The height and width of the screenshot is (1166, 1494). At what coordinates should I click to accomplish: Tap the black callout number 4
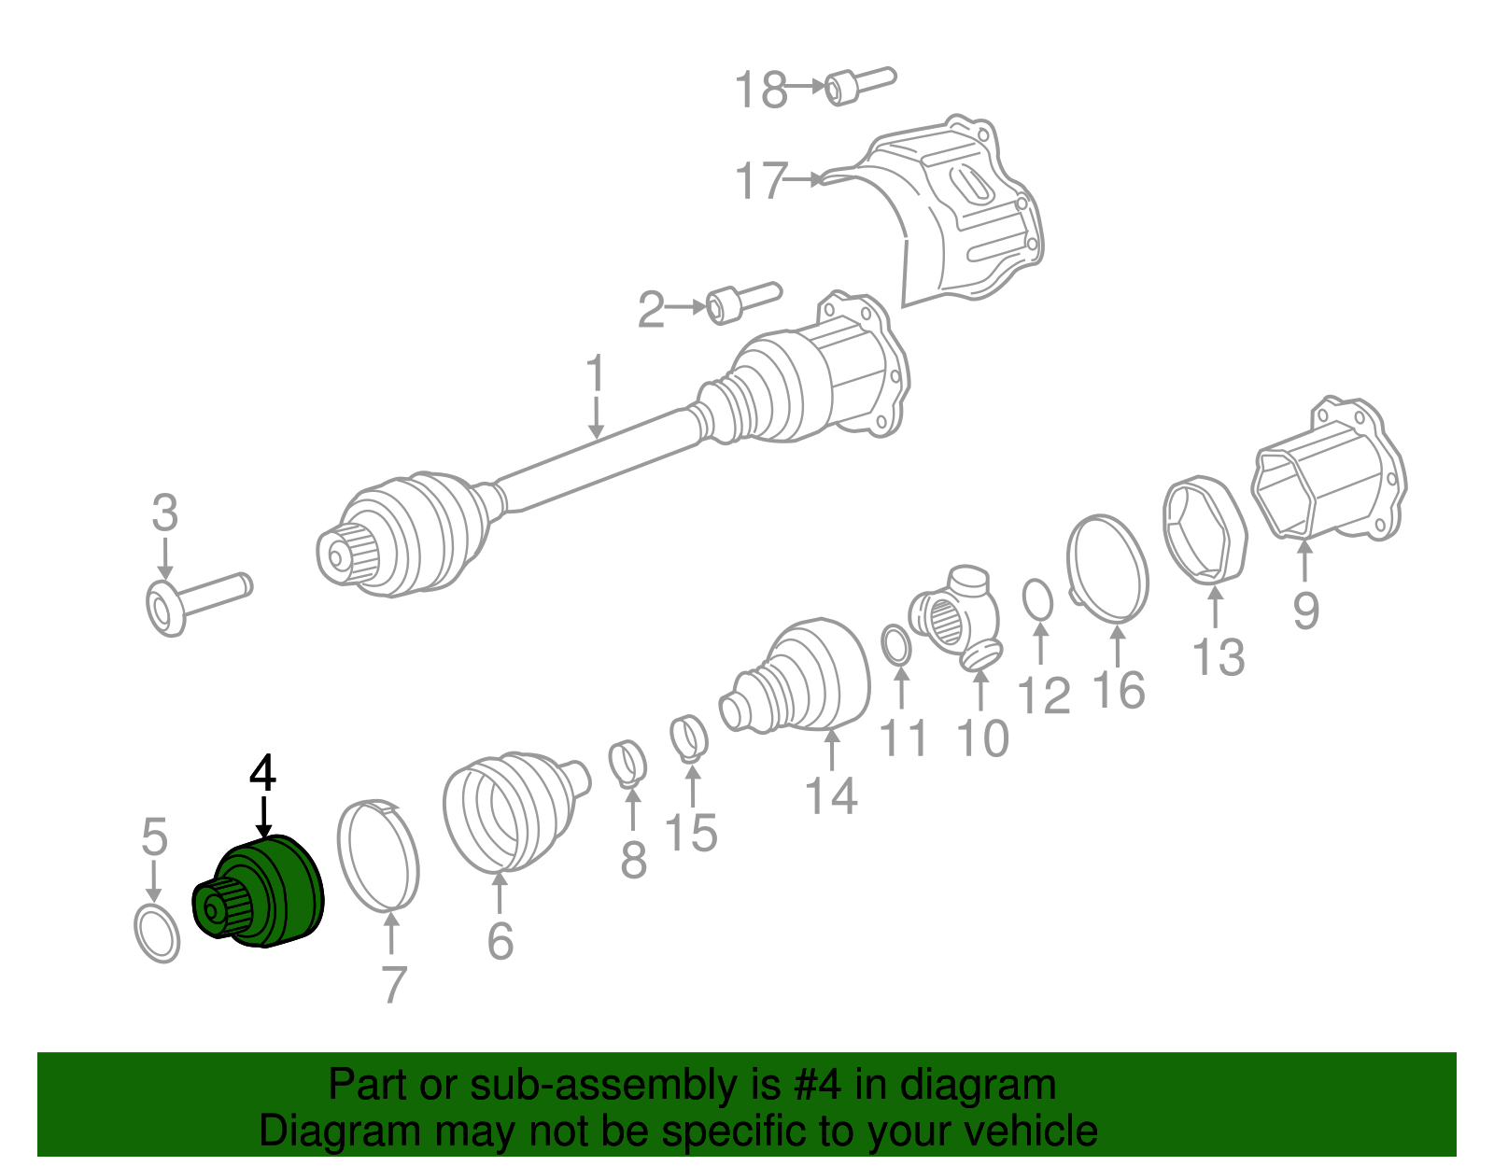[x=263, y=774]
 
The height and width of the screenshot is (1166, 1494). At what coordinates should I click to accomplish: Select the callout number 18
[x=760, y=91]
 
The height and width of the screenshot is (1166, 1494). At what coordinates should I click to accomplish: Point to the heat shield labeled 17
[x=962, y=215]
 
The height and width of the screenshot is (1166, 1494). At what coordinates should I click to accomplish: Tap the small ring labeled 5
[x=157, y=933]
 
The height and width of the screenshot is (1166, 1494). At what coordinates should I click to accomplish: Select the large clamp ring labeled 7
[x=378, y=854]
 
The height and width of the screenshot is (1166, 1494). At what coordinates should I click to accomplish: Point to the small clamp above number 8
[x=628, y=762]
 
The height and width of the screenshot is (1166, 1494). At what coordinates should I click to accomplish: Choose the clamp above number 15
[x=689, y=738]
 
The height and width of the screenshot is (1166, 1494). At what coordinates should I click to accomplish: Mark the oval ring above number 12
[x=1037, y=599]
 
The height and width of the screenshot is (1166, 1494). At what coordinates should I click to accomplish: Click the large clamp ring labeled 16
[x=1108, y=568]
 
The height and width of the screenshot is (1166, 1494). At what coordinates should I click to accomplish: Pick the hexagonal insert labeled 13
[x=1205, y=528]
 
